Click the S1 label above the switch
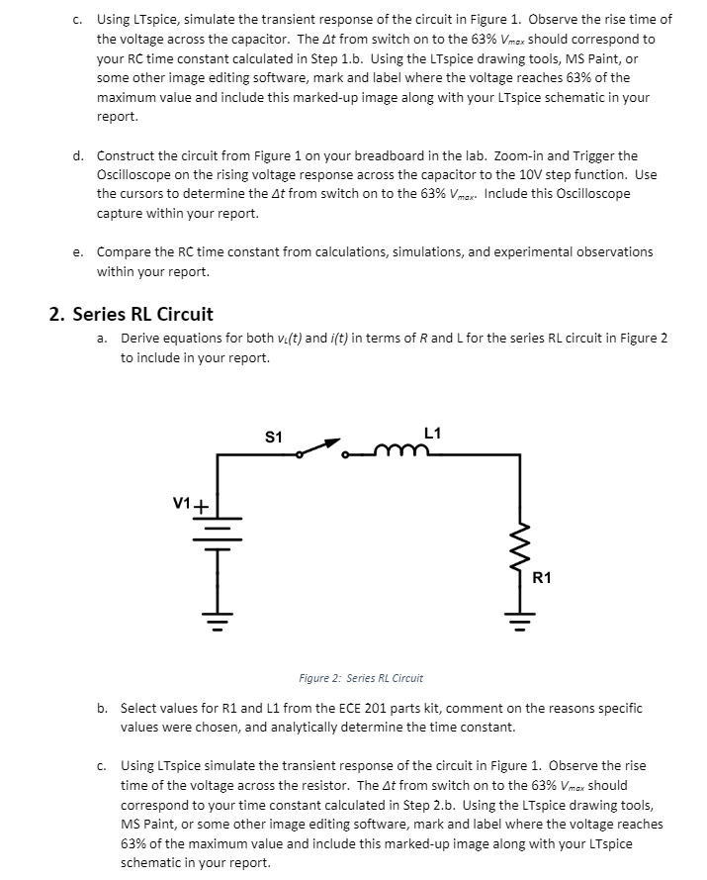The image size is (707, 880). point(274,437)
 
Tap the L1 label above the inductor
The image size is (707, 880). point(432,433)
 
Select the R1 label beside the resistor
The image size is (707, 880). point(544,576)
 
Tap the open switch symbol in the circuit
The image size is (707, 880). point(322,450)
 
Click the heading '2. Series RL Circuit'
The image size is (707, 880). point(132,315)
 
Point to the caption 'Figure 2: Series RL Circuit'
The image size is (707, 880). point(361,678)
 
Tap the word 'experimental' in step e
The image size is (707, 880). point(526,251)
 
